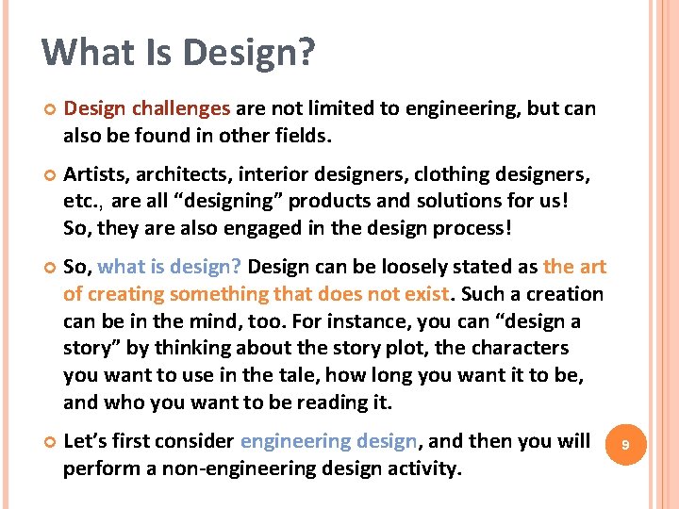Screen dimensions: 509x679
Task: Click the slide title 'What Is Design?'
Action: point(178,53)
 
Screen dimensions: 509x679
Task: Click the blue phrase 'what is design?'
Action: point(170,267)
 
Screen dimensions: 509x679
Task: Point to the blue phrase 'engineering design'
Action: point(328,441)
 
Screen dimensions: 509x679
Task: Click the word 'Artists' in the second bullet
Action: point(92,174)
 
